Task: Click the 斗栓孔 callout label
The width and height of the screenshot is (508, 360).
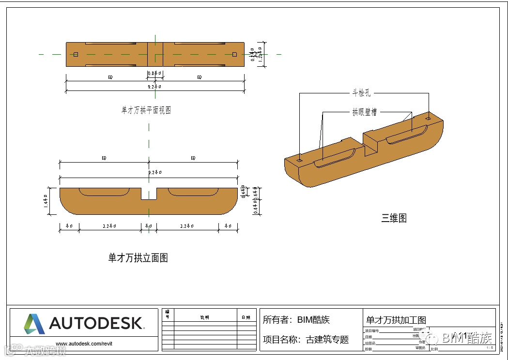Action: coord(362,93)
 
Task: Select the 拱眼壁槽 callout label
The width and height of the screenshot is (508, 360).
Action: coord(364,112)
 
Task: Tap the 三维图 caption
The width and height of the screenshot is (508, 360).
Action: coord(394,218)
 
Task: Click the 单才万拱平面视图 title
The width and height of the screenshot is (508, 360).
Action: coord(146,110)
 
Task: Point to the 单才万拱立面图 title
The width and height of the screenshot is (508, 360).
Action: coord(138,258)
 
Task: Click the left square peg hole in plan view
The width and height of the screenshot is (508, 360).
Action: coord(76,54)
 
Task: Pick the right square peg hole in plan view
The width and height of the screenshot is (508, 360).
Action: coord(234,54)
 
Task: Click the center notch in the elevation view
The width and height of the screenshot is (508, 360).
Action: coord(149,194)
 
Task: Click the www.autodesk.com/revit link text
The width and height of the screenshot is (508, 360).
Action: coord(84,344)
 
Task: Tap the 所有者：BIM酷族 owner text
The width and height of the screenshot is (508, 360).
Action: coord(296,320)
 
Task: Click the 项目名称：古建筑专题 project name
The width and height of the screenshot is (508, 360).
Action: coord(306,340)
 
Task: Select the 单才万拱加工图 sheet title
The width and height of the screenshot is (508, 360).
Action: coord(396,320)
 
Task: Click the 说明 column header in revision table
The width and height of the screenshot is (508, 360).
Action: coord(204,317)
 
